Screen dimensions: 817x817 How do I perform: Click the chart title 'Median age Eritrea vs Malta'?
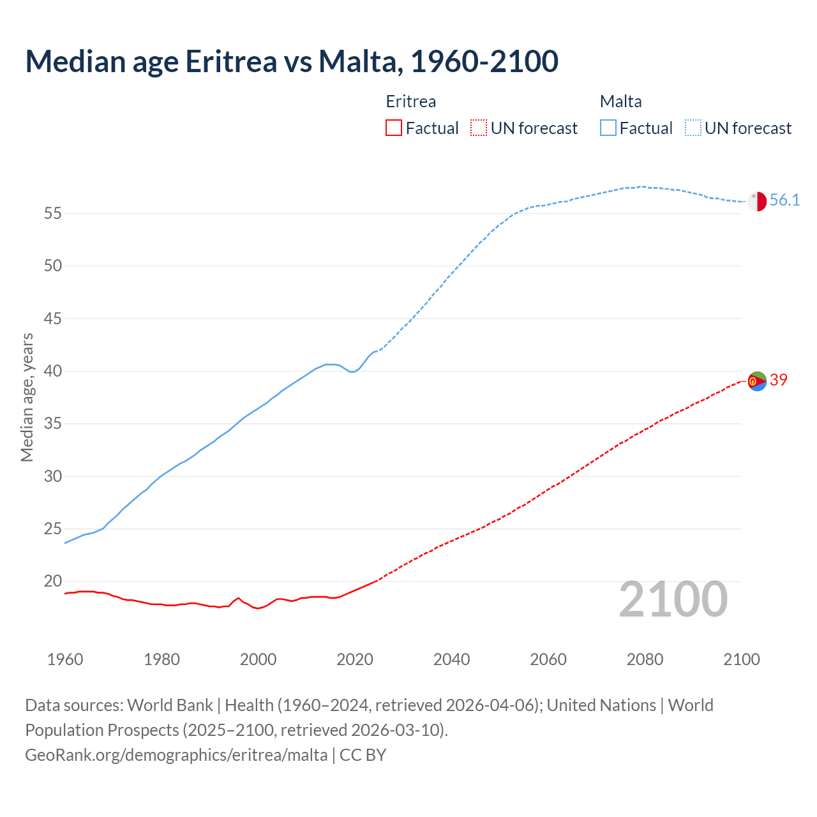pyautogui.click(x=292, y=61)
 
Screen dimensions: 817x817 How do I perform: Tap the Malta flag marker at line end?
pyautogui.click(x=757, y=201)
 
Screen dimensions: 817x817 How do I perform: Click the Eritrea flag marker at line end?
pyautogui.click(x=757, y=381)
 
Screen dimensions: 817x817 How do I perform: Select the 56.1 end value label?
pyautogui.click(x=784, y=200)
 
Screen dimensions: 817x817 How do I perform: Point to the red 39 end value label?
pyautogui.click(x=779, y=380)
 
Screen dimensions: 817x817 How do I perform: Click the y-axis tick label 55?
pyautogui.click(x=53, y=213)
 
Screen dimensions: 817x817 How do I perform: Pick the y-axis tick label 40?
pyautogui.click(x=53, y=371)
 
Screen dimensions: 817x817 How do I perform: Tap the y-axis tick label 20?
pyautogui.click(x=53, y=581)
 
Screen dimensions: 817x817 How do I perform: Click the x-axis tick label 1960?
pyautogui.click(x=65, y=659)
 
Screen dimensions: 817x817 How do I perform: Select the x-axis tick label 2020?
pyautogui.click(x=355, y=659)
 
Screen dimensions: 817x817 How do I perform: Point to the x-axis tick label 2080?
pyautogui.click(x=645, y=659)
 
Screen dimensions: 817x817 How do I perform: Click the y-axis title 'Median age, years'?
pyautogui.click(x=27, y=397)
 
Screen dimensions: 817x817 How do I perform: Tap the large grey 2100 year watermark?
pyautogui.click(x=673, y=599)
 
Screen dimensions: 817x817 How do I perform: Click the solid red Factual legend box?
pyautogui.click(x=394, y=128)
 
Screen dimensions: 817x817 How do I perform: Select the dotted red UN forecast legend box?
pyautogui.click(x=479, y=128)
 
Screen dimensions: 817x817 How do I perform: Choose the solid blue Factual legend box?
pyautogui.click(x=608, y=128)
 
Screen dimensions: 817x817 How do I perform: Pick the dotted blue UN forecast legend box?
pyautogui.click(x=693, y=128)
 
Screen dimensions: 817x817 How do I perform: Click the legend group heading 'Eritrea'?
pyautogui.click(x=411, y=101)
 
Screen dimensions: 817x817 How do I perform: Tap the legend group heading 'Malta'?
pyautogui.click(x=620, y=101)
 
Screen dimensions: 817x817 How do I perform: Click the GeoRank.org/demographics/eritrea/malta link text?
pyautogui.click(x=176, y=755)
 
